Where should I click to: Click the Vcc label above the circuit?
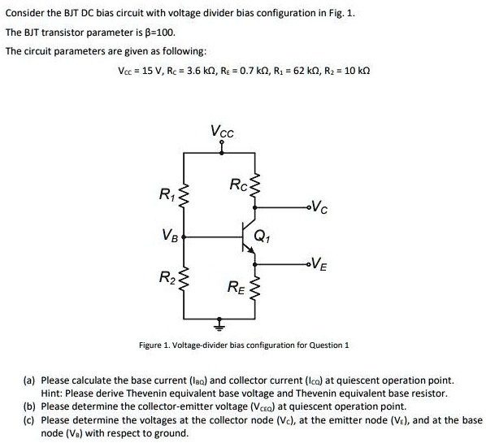pos(219,130)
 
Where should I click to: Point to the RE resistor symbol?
pos(257,287)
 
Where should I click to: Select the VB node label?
pos(168,237)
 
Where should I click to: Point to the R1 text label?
pos(164,195)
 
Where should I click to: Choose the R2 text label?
pos(164,278)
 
